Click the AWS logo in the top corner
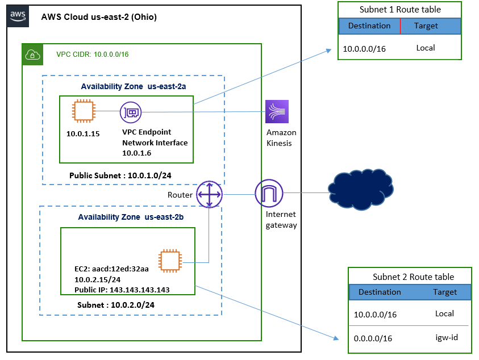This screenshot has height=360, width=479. coord(18,16)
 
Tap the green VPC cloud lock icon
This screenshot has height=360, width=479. coord(32,54)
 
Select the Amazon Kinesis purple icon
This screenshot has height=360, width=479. coord(277,111)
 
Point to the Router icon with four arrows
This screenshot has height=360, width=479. coord(209,194)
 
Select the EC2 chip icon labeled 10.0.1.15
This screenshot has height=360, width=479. coord(83,111)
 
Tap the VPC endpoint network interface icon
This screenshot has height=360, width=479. coord(131,113)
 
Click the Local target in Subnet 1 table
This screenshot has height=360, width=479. coord(425,48)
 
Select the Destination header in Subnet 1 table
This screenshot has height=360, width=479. coord(369,26)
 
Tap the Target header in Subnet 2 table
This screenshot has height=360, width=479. coord(444,292)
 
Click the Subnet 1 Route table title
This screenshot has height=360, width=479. coord(399,10)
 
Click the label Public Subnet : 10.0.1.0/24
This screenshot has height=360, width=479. coord(120,175)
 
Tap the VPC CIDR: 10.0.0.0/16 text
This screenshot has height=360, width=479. coord(92,55)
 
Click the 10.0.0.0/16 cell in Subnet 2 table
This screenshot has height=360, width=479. coord(376,314)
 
